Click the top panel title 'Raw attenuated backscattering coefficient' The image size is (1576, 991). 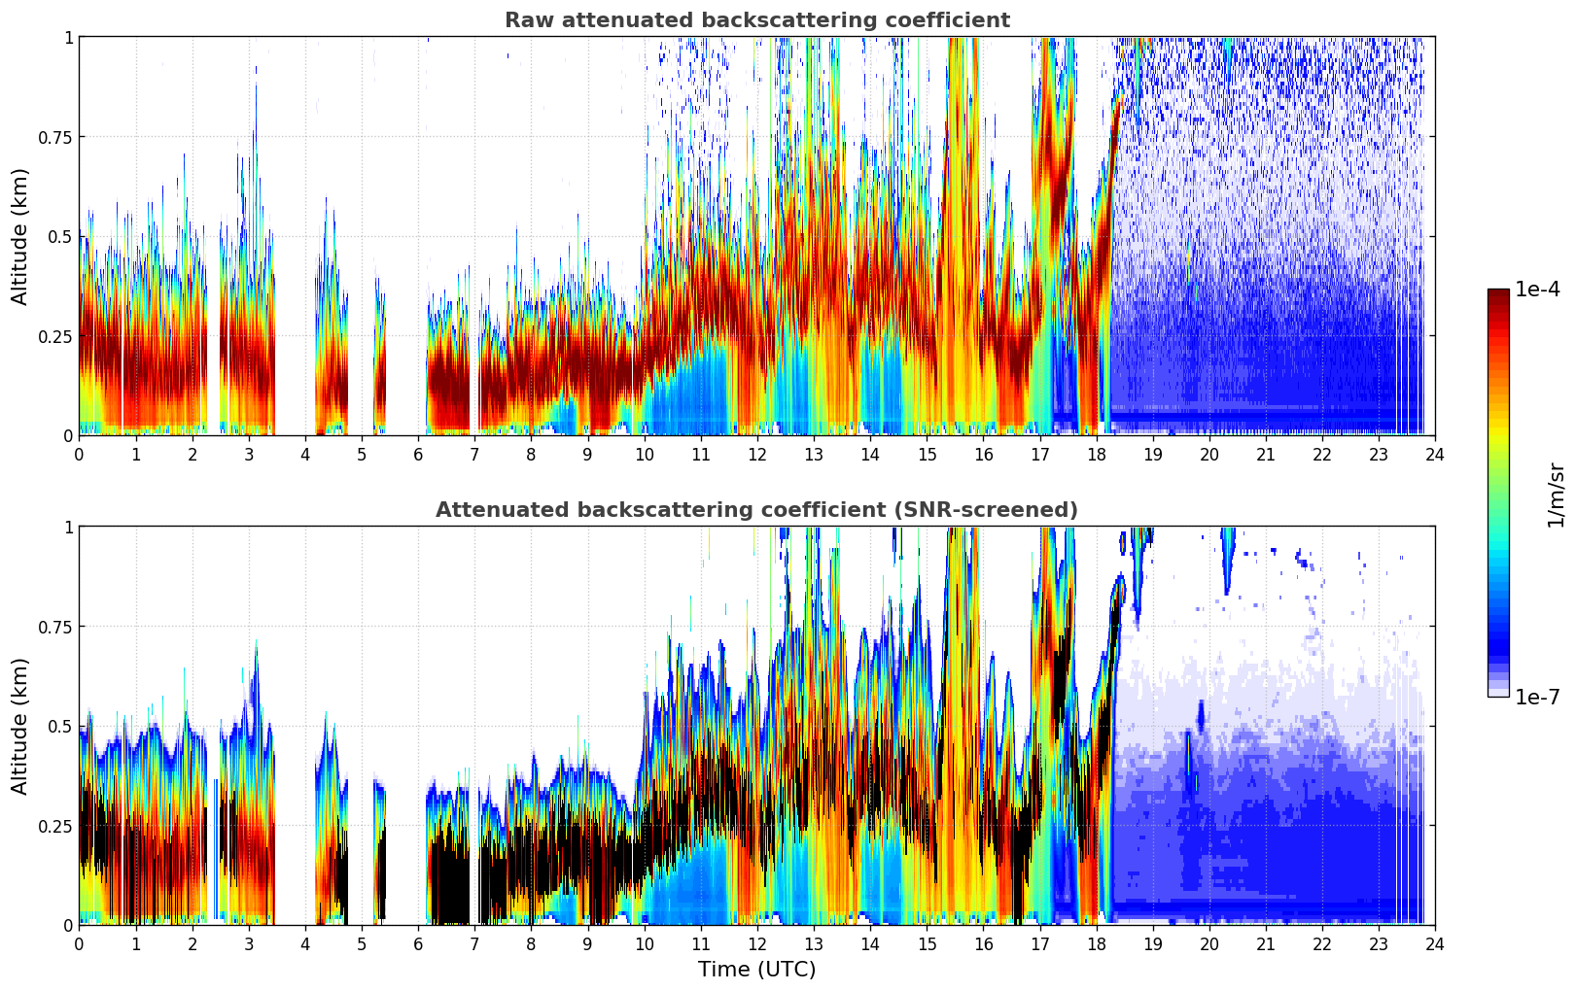coord(756,20)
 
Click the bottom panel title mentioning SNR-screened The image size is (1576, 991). coord(756,510)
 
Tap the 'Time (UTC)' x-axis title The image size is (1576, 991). coord(756,970)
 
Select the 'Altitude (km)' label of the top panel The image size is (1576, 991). coord(20,236)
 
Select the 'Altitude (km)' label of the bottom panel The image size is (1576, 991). coord(20,726)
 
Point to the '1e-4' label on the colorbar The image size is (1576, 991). coord(1537,290)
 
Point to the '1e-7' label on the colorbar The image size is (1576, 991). coord(1537,698)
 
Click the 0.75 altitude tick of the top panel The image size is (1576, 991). coord(55,137)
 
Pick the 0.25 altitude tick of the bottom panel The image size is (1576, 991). coord(55,826)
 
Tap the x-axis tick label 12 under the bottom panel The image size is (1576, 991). coord(756,944)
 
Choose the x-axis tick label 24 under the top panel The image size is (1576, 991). coord(1435,455)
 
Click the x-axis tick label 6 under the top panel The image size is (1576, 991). coord(418,455)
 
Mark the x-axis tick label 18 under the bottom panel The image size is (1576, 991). coord(1096,944)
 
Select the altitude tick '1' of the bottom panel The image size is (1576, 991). coord(68,528)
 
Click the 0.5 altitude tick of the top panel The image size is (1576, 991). coord(60,237)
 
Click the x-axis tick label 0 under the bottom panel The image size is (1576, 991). coord(79,944)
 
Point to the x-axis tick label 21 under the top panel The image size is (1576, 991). coord(1265,455)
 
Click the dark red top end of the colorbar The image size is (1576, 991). coord(1497,293)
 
